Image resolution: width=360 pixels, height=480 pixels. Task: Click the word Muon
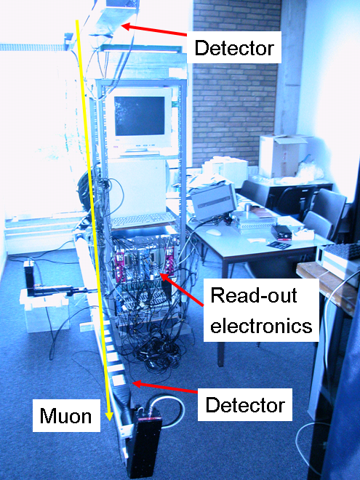[65, 416]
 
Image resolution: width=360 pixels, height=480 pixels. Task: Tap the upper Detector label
[234, 48]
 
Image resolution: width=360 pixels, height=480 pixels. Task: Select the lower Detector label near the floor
[245, 404]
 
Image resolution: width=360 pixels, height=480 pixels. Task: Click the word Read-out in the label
[254, 295]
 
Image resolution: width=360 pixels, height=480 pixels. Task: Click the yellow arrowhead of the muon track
[108, 415]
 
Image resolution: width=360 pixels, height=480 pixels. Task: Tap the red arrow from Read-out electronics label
[181, 289]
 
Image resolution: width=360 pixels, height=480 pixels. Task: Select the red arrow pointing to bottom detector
[165, 387]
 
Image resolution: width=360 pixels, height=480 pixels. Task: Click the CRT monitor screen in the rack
[140, 116]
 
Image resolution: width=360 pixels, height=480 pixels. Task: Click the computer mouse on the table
[213, 232]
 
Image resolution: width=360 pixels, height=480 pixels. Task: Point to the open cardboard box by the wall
[283, 155]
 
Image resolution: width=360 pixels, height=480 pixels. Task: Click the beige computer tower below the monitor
[137, 184]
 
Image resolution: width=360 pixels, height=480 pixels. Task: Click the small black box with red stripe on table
[282, 232]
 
